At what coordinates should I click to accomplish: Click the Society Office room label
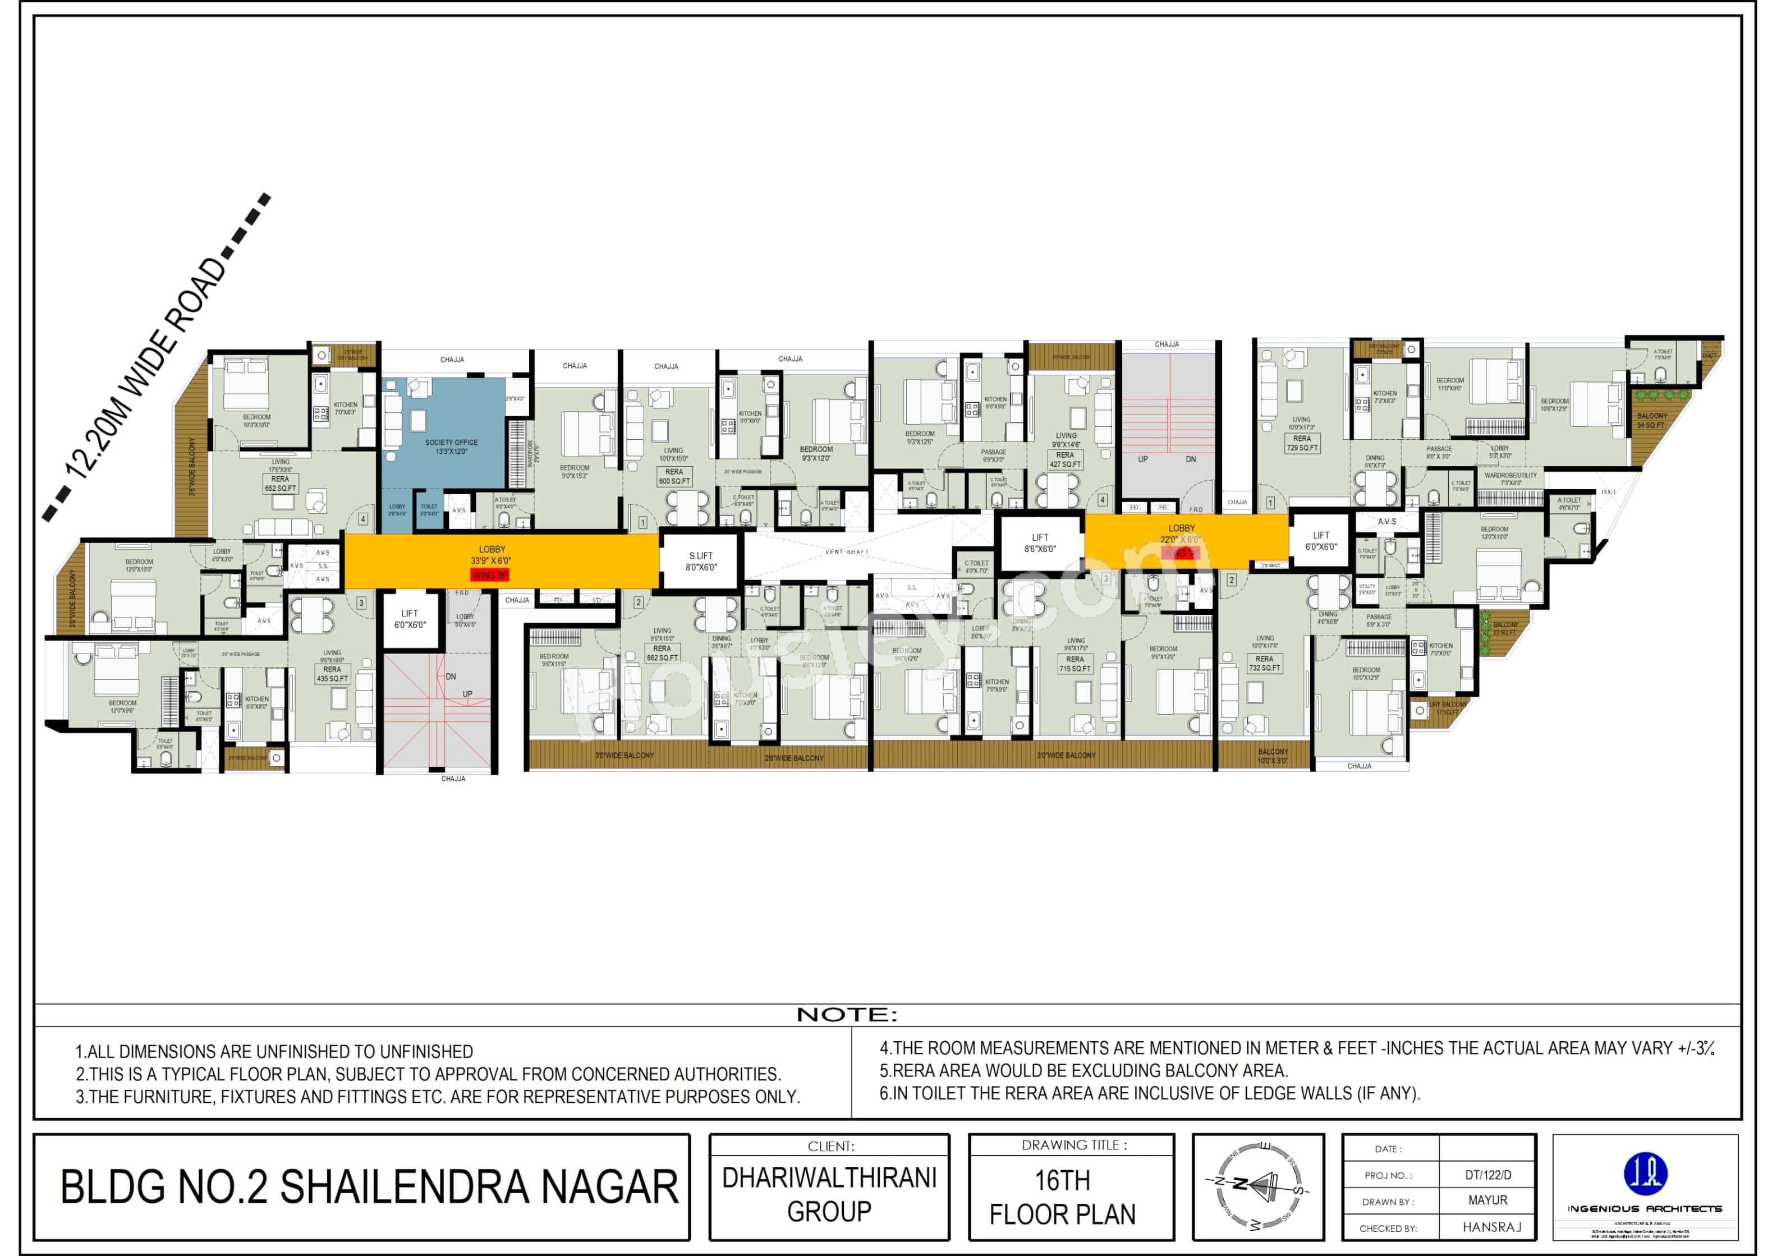click(x=451, y=447)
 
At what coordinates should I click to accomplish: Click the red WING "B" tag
click(x=490, y=576)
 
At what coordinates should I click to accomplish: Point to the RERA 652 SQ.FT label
click(x=280, y=484)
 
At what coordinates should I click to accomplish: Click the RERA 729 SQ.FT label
click(x=1302, y=443)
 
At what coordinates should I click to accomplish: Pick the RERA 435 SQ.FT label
click(x=332, y=674)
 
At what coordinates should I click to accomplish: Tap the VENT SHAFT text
click(x=847, y=552)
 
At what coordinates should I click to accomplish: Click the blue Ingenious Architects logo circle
click(x=1644, y=1172)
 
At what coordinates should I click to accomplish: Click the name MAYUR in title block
click(x=1487, y=1200)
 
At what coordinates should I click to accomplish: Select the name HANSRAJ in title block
click(x=1487, y=1227)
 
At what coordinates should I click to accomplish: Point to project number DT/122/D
click(x=1487, y=1175)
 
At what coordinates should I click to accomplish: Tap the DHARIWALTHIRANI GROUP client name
click(x=829, y=1194)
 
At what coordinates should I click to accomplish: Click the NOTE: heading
click(x=847, y=1015)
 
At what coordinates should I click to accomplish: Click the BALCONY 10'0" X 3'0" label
click(x=1273, y=756)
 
